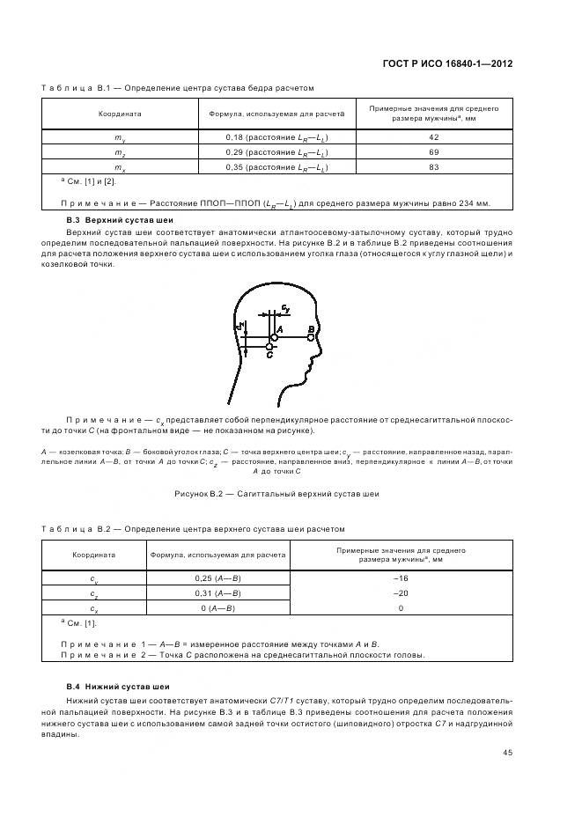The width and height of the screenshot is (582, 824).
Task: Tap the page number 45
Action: [508, 752]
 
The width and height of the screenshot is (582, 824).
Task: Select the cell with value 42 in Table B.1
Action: [434, 138]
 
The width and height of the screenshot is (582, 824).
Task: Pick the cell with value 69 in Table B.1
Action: [434, 153]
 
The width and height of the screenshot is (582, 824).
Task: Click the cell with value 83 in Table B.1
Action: [434, 167]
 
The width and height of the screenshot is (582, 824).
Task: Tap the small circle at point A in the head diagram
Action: [275, 336]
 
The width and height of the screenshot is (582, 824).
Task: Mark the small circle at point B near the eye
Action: [311, 336]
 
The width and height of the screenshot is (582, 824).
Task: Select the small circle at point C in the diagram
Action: [269, 348]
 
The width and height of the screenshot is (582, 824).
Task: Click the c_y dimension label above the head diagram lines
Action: [286, 309]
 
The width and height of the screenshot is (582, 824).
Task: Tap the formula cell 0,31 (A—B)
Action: [217, 593]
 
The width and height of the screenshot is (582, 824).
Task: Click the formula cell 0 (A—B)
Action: [217, 608]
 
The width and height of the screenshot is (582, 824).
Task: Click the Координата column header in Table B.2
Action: [94, 555]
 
